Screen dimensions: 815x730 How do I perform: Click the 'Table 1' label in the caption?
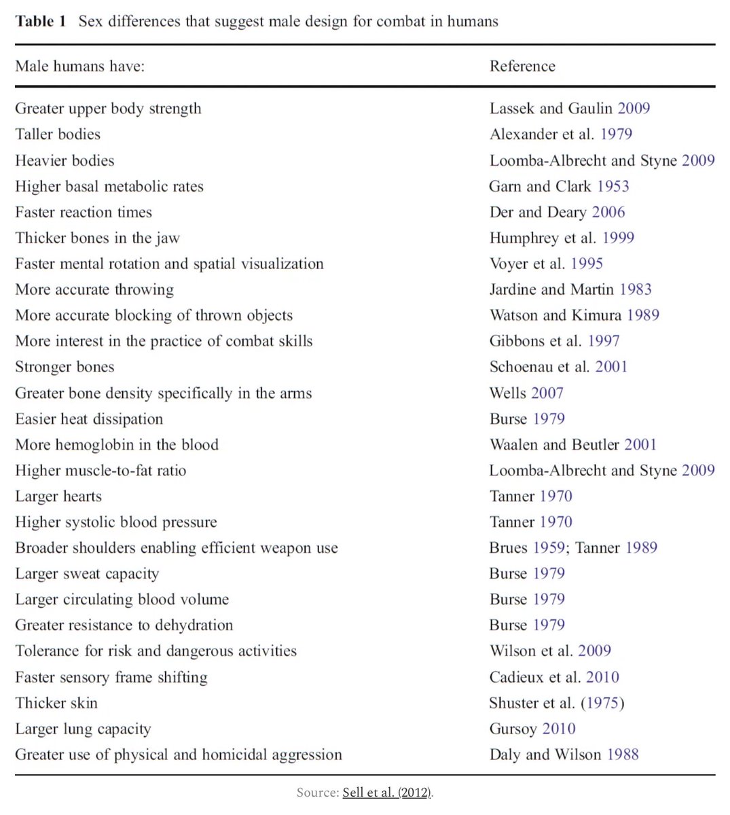tap(41, 21)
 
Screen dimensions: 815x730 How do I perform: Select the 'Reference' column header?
tap(522, 66)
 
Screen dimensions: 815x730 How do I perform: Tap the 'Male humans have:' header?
tap(79, 66)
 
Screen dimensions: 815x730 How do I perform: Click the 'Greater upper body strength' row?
tap(108, 109)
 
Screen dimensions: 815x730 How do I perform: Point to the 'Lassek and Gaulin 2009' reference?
tap(569, 109)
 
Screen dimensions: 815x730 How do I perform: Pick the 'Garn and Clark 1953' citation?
tap(559, 186)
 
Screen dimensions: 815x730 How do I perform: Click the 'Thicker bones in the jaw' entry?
tap(97, 238)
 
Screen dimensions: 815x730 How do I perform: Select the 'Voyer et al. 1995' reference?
tap(546, 264)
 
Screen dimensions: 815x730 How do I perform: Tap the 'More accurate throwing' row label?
tap(94, 289)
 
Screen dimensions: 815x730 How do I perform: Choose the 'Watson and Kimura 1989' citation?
tap(574, 315)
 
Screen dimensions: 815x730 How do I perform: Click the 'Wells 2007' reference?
tap(526, 393)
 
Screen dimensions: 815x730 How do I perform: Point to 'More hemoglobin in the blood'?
tap(117, 445)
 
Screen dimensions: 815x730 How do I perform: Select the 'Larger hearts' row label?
tap(58, 496)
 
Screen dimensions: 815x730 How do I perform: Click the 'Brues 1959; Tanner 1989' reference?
tap(573, 548)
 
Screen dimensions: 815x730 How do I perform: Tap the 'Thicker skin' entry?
tap(56, 703)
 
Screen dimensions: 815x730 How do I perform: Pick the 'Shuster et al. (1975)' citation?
tap(556, 703)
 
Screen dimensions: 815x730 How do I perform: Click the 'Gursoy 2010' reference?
tap(532, 729)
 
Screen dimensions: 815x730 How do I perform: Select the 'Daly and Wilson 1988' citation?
tap(564, 755)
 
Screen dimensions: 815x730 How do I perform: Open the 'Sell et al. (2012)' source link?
tap(387, 793)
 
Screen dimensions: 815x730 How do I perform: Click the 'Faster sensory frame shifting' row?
tap(111, 677)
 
